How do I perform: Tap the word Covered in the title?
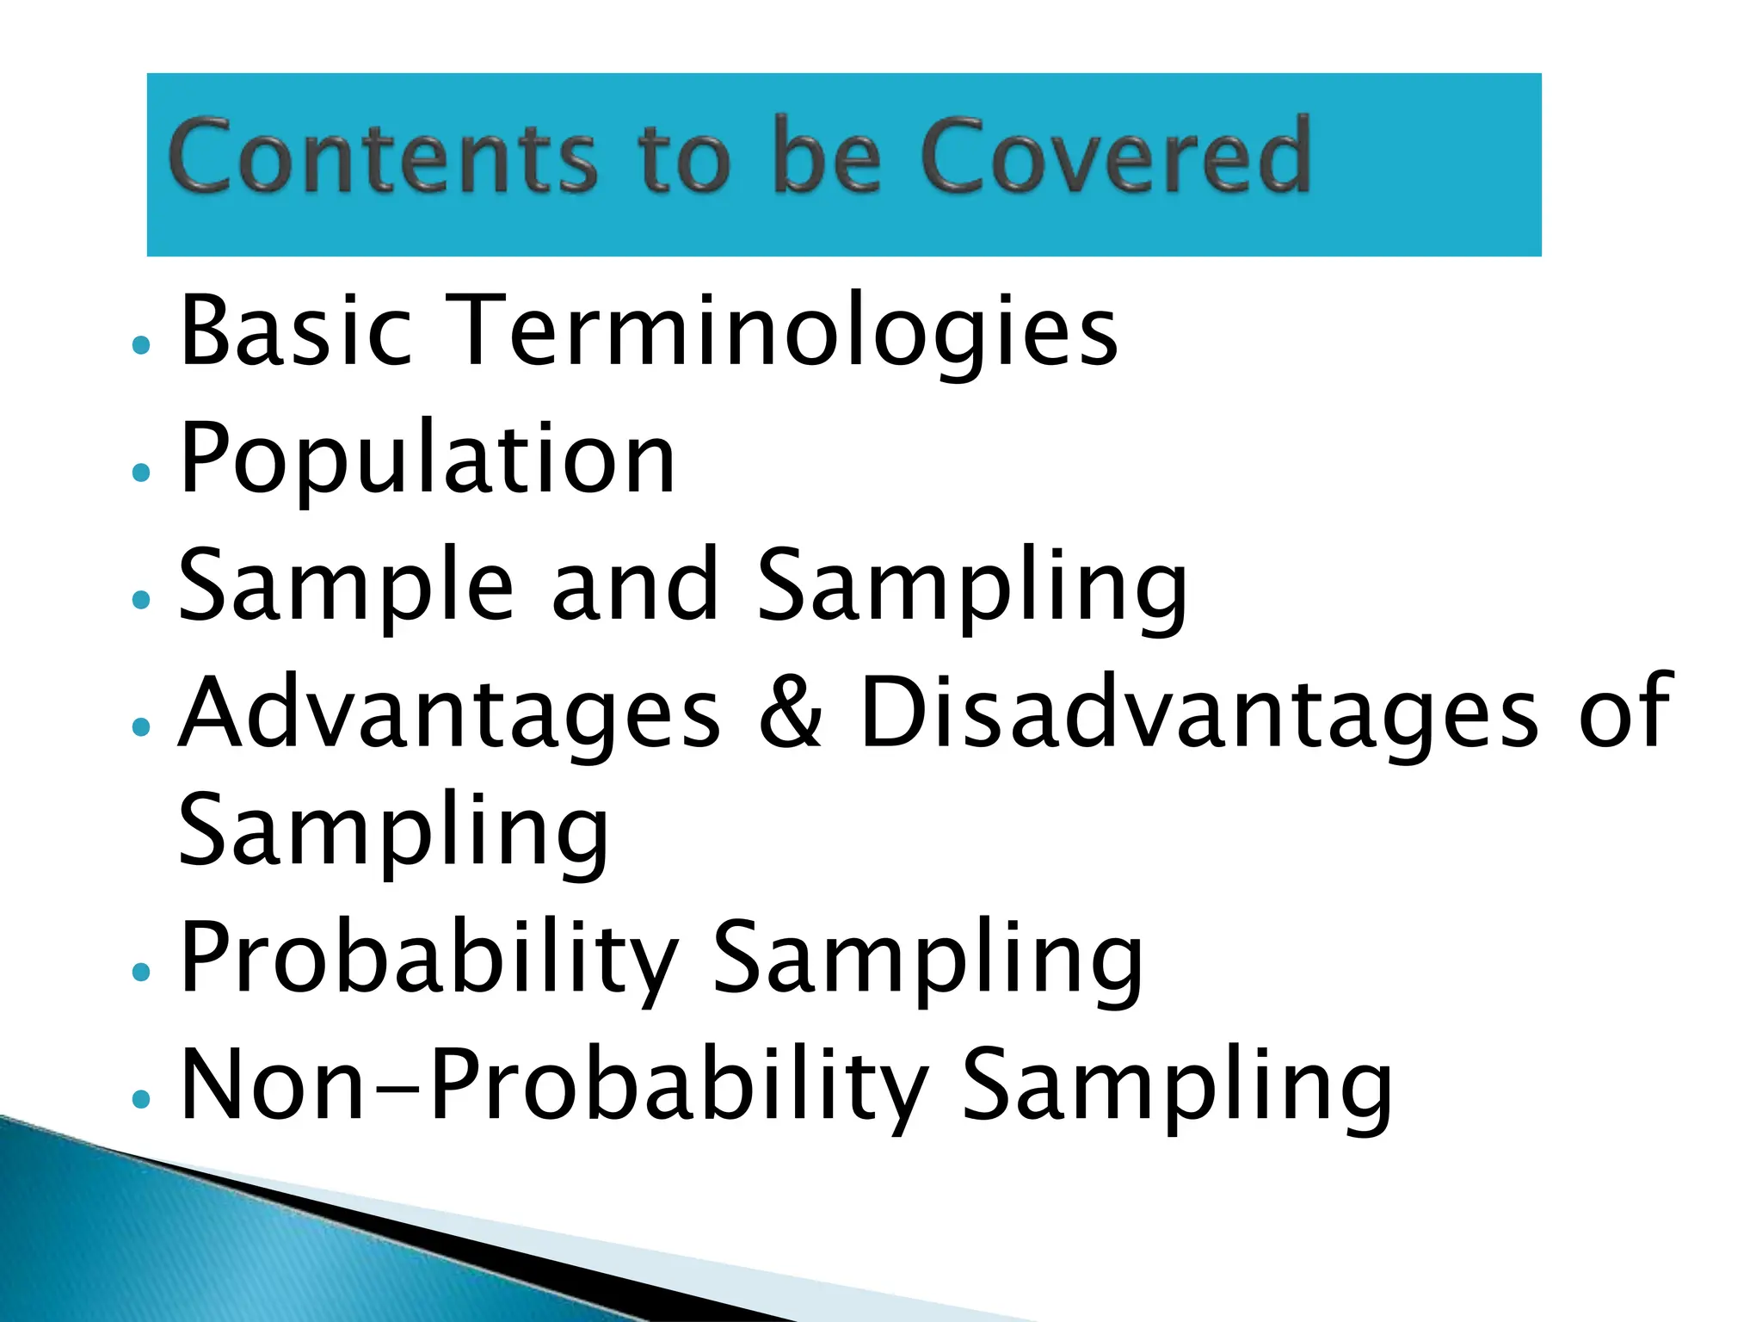(x=1115, y=157)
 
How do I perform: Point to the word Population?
(x=427, y=460)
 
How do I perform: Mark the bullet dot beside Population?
(x=142, y=472)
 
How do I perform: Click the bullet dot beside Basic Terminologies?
(x=142, y=346)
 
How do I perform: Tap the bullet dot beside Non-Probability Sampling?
(x=142, y=1098)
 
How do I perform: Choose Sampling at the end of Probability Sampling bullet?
(x=927, y=961)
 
